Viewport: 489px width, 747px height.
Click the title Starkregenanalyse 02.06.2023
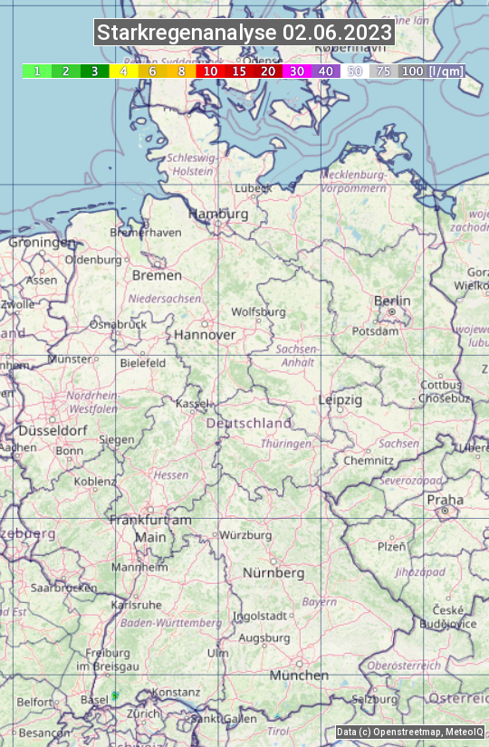pyautogui.click(x=244, y=34)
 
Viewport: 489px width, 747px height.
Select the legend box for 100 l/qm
pyautogui.click(x=414, y=71)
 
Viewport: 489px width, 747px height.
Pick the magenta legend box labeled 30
pyautogui.click(x=297, y=71)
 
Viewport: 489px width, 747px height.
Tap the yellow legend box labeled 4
pyautogui.click(x=123, y=71)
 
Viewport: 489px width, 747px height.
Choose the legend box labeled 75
pyautogui.click(x=384, y=71)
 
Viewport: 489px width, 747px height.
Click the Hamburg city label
pyautogui.click(x=218, y=214)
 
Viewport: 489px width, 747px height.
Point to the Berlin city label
pyautogui.click(x=392, y=301)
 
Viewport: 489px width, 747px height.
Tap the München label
pyautogui.click(x=299, y=675)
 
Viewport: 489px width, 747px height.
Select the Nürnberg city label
pyautogui.click(x=273, y=573)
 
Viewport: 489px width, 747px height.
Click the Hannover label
pyautogui.click(x=205, y=334)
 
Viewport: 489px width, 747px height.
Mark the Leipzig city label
pyautogui.click(x=340, y=399)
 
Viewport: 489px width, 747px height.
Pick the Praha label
pyautogui.click(x=445, y=500)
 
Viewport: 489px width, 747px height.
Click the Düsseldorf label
pyautogui.click(x=53, y=431)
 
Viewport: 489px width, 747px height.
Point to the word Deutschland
pyautogui.click(x=249, y=423)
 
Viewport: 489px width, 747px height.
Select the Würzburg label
pyautogui.click(x=245, y=535)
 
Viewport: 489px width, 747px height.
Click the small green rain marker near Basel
pyautogui.click(x=115, y=694)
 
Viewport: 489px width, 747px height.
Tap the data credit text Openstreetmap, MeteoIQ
pyautogui.click(x=409, y=732)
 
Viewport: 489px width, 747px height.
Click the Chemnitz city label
pyautogui.click(x=369, y=460)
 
